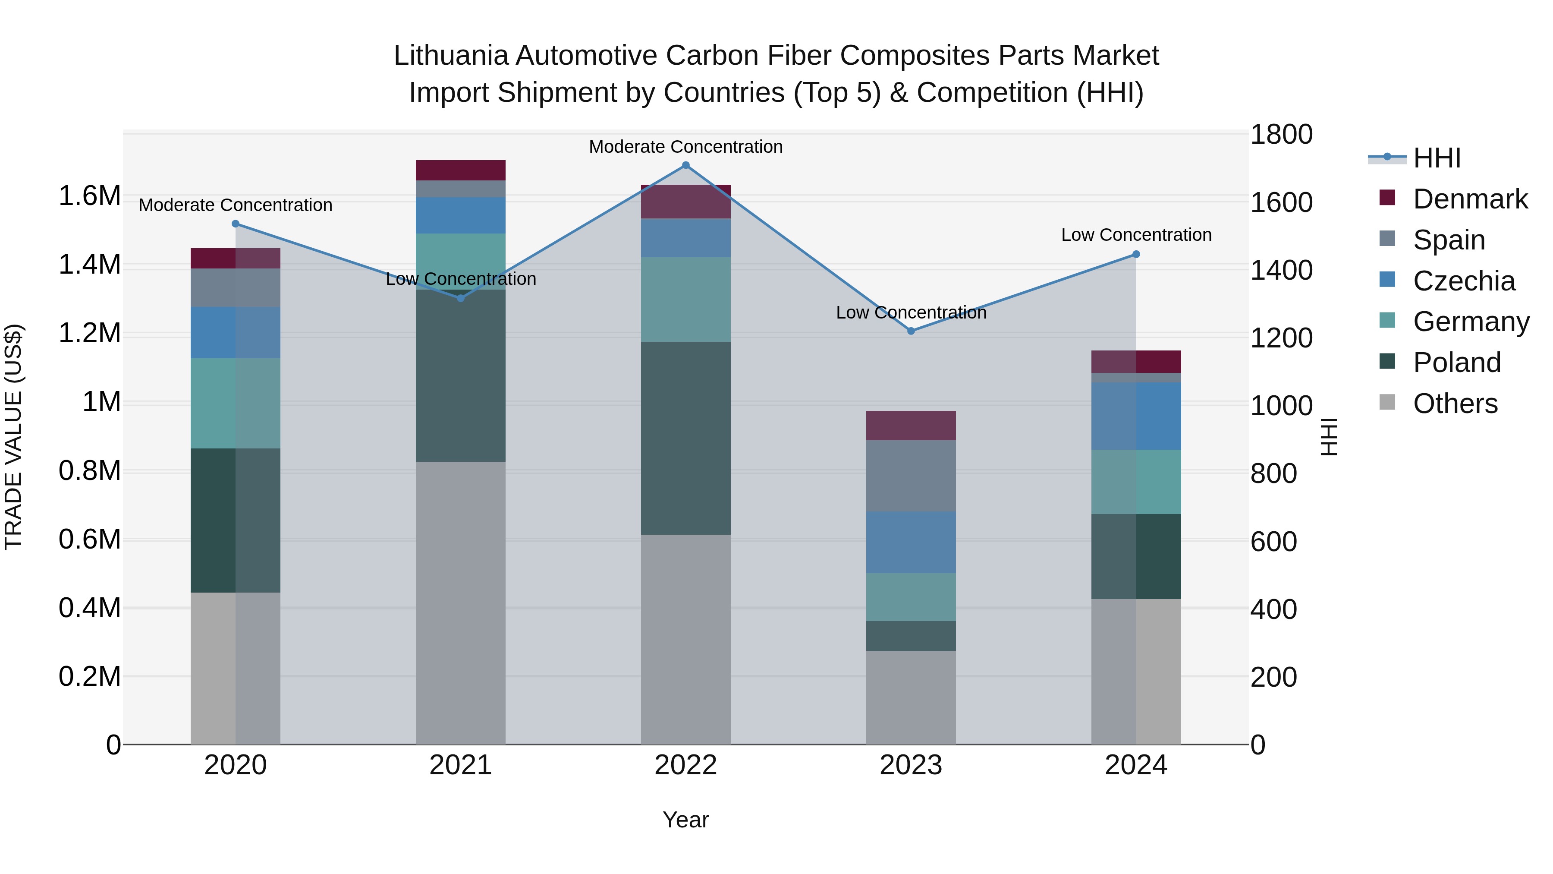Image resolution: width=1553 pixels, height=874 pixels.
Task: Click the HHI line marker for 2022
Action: [685, 165]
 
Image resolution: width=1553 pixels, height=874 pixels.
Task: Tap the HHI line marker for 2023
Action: [911, 331]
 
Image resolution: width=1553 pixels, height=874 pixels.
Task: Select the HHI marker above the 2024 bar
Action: [1136, 255]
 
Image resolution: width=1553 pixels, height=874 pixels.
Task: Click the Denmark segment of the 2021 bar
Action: [461, 170]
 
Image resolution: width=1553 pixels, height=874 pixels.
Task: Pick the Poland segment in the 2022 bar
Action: [685, 438]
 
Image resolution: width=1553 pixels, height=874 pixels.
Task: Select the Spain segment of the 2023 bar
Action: [911, 476]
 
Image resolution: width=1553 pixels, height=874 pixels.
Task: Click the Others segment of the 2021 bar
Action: [461, 603]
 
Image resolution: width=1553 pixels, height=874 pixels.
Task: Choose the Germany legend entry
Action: [1471, 322]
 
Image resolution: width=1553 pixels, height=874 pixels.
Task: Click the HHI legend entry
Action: [1437, 158]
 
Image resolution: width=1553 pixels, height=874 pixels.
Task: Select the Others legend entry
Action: [1455, 404]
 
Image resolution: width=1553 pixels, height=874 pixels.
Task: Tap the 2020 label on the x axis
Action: [235, 765]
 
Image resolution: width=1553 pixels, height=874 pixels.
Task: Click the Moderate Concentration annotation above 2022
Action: [685, 147]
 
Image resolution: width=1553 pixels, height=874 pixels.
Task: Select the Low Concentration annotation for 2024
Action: [1136, 235]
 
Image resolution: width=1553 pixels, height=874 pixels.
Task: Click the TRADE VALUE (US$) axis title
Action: [13, 437]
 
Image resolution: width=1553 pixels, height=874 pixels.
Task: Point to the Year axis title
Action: [685, 820]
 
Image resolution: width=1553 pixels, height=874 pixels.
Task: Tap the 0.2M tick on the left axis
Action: [90, 676]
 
